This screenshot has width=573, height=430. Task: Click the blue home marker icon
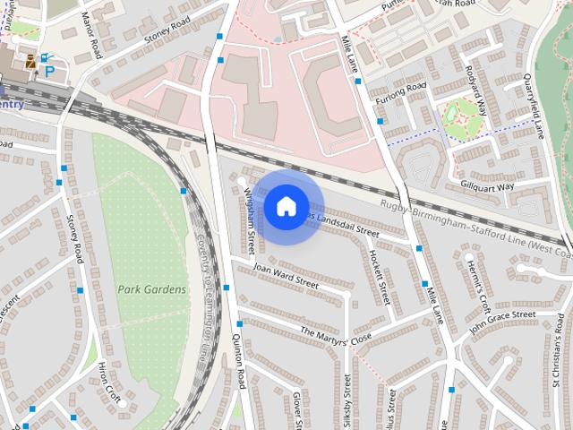pos(286,207)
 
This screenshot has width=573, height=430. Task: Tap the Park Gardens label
pos(152,289)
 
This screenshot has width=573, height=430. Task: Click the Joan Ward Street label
pos(286,275)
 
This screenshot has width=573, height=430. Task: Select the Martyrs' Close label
pos(336,336)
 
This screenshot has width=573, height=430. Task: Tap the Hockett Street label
pos(380,274)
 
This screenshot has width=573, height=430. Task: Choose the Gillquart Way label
pos(487,186)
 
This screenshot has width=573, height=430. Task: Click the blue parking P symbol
pos(50,70)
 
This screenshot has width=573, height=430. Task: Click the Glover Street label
pos(299,408)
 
